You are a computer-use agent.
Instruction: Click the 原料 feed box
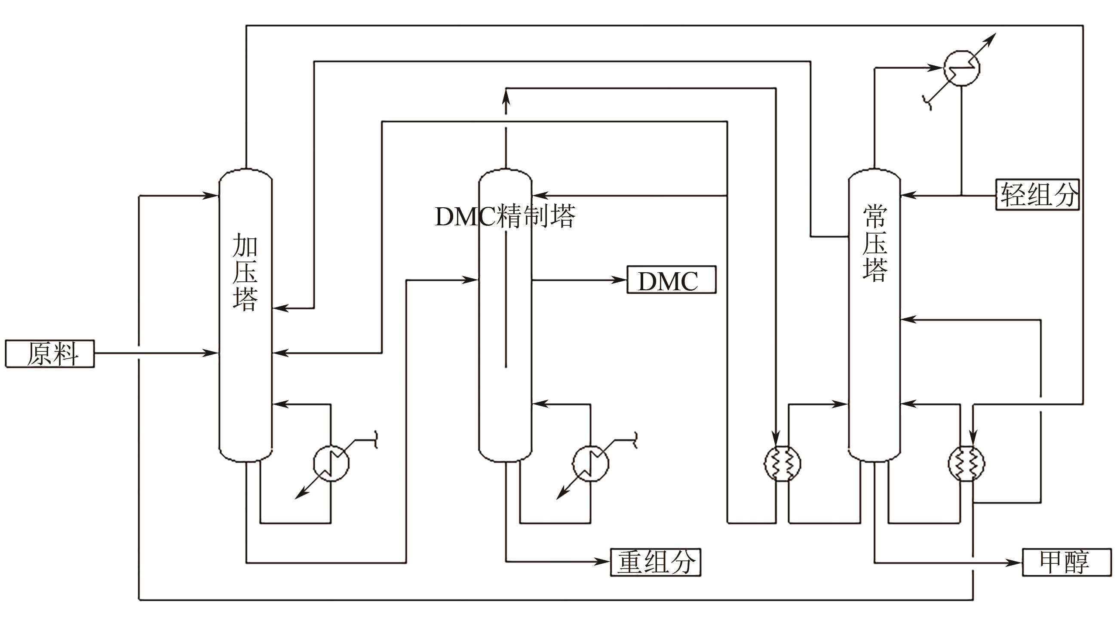click(49, 354)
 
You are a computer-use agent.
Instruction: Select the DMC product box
click(671, 280)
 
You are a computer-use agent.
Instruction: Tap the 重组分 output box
click(655, 563)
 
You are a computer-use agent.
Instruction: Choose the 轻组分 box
click(1037, 195)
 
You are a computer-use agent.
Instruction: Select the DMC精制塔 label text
click(505, 216)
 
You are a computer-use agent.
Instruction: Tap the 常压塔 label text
click(875, 244)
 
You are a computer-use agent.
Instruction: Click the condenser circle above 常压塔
click(961, 68)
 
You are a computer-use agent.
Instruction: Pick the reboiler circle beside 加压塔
click(331, 463)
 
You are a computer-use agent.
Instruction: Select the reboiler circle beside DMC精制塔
click(590, 463)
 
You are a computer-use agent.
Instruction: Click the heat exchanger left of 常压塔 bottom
click(782, 464)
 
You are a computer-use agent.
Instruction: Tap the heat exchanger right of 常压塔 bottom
click(966, 464)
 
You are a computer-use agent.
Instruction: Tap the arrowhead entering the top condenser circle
click(937, 68)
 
